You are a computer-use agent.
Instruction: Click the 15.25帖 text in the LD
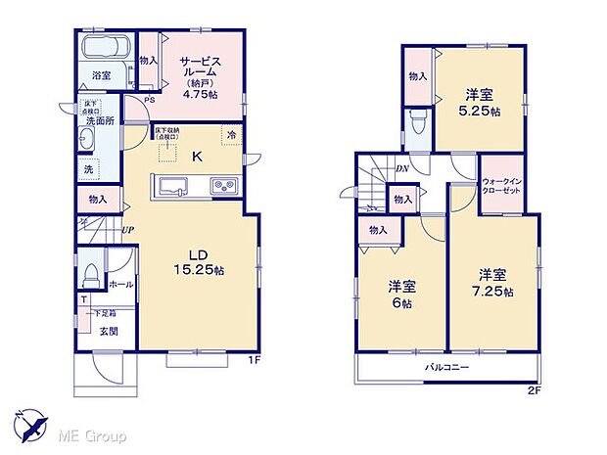click(199, 269)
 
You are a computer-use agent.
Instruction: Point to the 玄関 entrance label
click(108, 331)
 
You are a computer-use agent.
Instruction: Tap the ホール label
click(120, 284)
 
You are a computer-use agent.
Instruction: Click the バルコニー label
click(445, 367)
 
